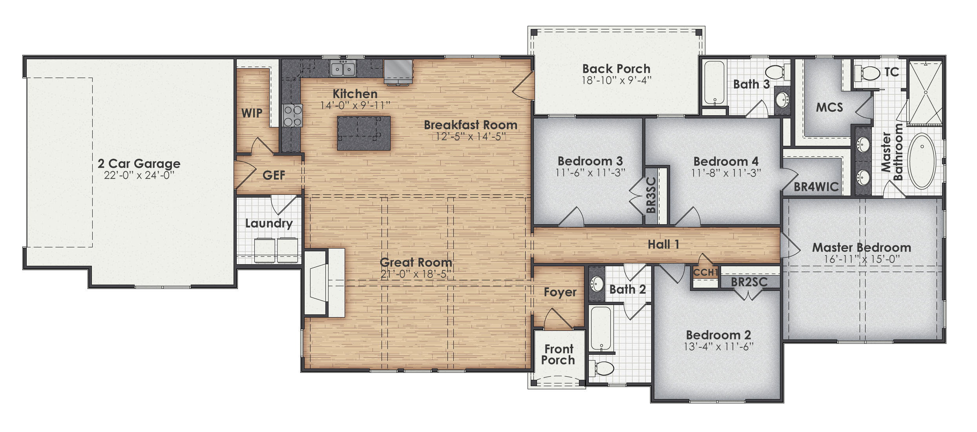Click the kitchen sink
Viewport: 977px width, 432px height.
(x=343, y=69)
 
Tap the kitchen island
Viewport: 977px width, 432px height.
(x=364, y=133)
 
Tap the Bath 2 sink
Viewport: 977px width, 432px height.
(x=597, y=284)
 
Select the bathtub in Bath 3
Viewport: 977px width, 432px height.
(x=714, y=83)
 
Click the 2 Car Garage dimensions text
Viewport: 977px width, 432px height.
(x=139, y=176)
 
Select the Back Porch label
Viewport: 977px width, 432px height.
(x=616, y=69)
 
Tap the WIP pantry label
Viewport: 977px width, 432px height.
(x=252, y=113)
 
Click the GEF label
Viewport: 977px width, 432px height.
(x=274, y=175)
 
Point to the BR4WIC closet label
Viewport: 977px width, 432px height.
(x=816, y=187)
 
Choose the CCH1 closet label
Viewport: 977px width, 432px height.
(x=705, y=272)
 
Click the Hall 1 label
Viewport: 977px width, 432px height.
(x=663, y=245)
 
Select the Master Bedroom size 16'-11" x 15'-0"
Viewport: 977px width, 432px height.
(x=862, y=259)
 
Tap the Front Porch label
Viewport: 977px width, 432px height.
(x=559, y=354)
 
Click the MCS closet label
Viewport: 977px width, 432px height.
(x=829, y=107)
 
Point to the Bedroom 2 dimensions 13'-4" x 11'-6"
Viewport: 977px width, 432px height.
(x=718, y=347)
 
